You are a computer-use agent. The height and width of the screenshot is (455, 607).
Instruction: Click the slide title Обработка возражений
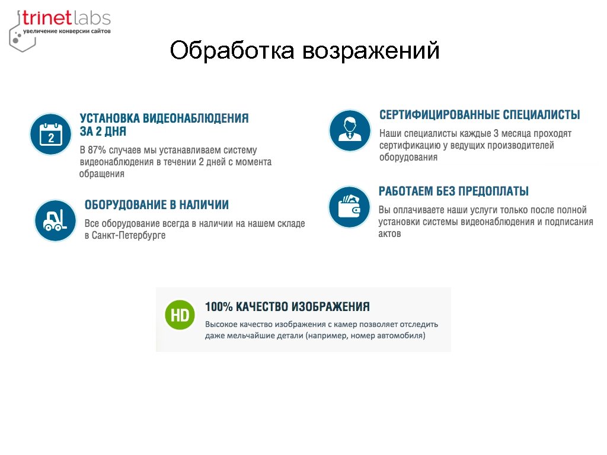coord(304,50)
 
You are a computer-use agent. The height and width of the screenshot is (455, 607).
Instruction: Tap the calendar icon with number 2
coord(51,134)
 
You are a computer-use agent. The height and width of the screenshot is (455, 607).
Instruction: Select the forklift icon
coord(55,220)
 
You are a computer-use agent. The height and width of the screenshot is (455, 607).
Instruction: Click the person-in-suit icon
coord(350,130)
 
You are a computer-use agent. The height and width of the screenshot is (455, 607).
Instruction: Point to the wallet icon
coord(350,207)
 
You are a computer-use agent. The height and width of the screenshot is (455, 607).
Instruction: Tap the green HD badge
coord(180,315)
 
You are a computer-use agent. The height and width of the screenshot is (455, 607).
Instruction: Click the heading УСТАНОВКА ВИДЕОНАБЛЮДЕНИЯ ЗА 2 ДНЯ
coord(164,124)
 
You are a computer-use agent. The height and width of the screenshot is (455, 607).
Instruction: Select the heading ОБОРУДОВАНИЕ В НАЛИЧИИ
coord(156,205)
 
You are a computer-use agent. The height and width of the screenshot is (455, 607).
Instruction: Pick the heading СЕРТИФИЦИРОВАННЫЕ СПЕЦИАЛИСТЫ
coord(480,115)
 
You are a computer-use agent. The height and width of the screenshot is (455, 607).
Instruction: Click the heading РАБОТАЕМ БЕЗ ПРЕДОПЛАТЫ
coord(453,191)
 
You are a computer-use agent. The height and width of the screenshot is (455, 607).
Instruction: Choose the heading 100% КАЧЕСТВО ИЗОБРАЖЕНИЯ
coord(287,307)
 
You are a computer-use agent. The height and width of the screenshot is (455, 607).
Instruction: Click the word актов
coord(390,233)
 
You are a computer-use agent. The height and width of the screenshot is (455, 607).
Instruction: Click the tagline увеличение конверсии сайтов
coord(66,31)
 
